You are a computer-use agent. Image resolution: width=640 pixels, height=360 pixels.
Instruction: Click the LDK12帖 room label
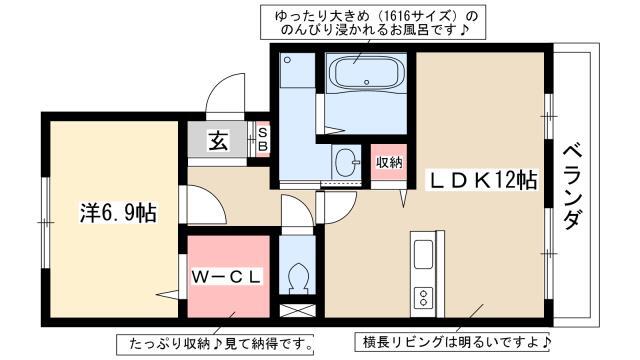[481, 180]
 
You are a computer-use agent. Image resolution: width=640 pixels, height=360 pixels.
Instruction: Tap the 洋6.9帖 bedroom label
[118, 212]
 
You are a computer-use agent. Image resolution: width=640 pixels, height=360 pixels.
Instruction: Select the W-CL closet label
[226, 278]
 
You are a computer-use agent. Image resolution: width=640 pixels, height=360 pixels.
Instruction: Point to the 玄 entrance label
[218, 140]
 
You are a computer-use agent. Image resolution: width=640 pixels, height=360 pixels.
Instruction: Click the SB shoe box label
[263, 139]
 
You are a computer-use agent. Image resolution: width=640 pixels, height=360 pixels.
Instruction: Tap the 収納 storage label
[389, 162]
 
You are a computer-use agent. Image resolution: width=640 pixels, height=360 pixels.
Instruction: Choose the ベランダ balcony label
[575, 187]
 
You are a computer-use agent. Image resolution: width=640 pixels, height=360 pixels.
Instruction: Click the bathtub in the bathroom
[366, 74]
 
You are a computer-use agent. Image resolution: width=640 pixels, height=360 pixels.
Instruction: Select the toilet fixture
[297, 278]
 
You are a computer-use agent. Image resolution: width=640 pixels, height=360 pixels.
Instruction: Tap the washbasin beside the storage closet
[347, 162]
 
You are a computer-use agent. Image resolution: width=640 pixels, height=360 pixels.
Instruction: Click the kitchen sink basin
[423, 254]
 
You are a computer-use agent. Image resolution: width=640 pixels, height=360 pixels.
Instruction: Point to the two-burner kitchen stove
[423, 298]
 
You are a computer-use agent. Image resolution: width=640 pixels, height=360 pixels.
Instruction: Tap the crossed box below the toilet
[298, 310]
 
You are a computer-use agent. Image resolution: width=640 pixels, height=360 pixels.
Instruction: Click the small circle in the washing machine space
[287, 60]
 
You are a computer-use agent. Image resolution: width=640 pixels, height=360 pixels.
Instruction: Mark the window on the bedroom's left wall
[45, 222]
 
